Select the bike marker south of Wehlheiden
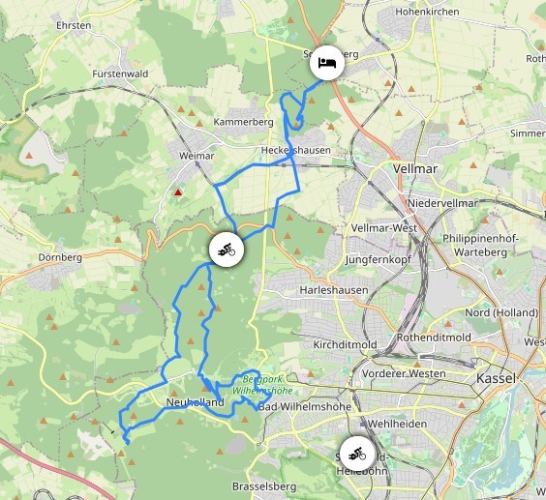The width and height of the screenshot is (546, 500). (x=357, y=452)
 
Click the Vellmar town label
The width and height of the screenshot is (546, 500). (x=417, y=167)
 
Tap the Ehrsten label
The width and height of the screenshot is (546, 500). (x=74, y=26)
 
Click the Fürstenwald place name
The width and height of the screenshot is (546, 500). (x=121, y=74)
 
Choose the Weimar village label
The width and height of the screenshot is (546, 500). (x=197, y=155)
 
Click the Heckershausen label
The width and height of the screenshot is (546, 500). (x=295, y=150)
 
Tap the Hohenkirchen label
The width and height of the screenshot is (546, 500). (x=429, y=13)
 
